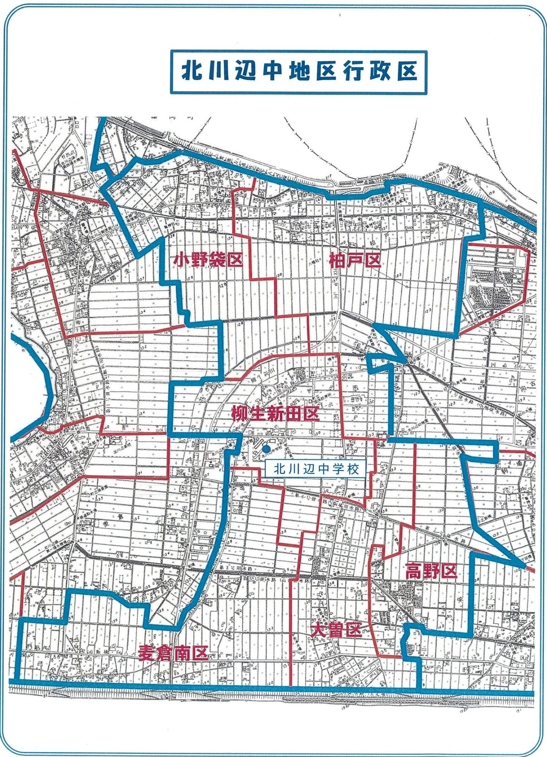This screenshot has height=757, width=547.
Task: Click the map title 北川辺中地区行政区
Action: point(299,72)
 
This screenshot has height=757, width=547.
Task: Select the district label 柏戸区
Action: point(355,260)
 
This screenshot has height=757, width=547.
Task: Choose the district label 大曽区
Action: point(335,630)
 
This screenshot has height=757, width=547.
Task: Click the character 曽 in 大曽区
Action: point(335,630)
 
